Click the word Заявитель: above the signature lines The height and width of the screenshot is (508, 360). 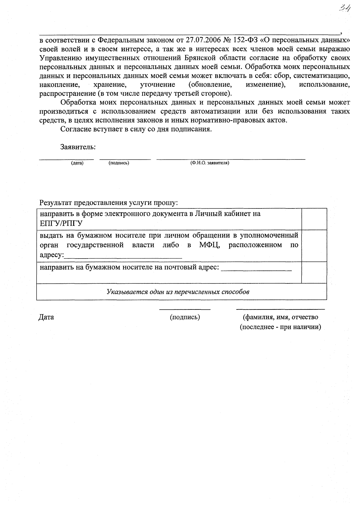[78, 147]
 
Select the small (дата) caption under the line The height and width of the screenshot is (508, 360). [77, 163]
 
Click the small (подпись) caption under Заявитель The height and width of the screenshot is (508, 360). [119, 163]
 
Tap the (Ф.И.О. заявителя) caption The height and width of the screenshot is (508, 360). [210, 163]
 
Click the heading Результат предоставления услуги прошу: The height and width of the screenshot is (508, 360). [109, 203]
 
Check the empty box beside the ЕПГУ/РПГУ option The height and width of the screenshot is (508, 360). [314, 219]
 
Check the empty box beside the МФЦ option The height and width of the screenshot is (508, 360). [314, 246]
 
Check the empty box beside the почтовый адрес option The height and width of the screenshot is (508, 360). [314, 272]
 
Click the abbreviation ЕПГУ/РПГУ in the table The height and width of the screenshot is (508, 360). [61, 223]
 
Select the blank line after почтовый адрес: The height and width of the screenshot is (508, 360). [256, 268]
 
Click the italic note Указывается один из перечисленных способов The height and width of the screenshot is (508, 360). [178, 292]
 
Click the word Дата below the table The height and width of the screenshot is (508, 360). [46, 317]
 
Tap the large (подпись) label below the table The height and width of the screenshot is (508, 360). [185, 317]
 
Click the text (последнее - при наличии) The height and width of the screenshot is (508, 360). [280, 327]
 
